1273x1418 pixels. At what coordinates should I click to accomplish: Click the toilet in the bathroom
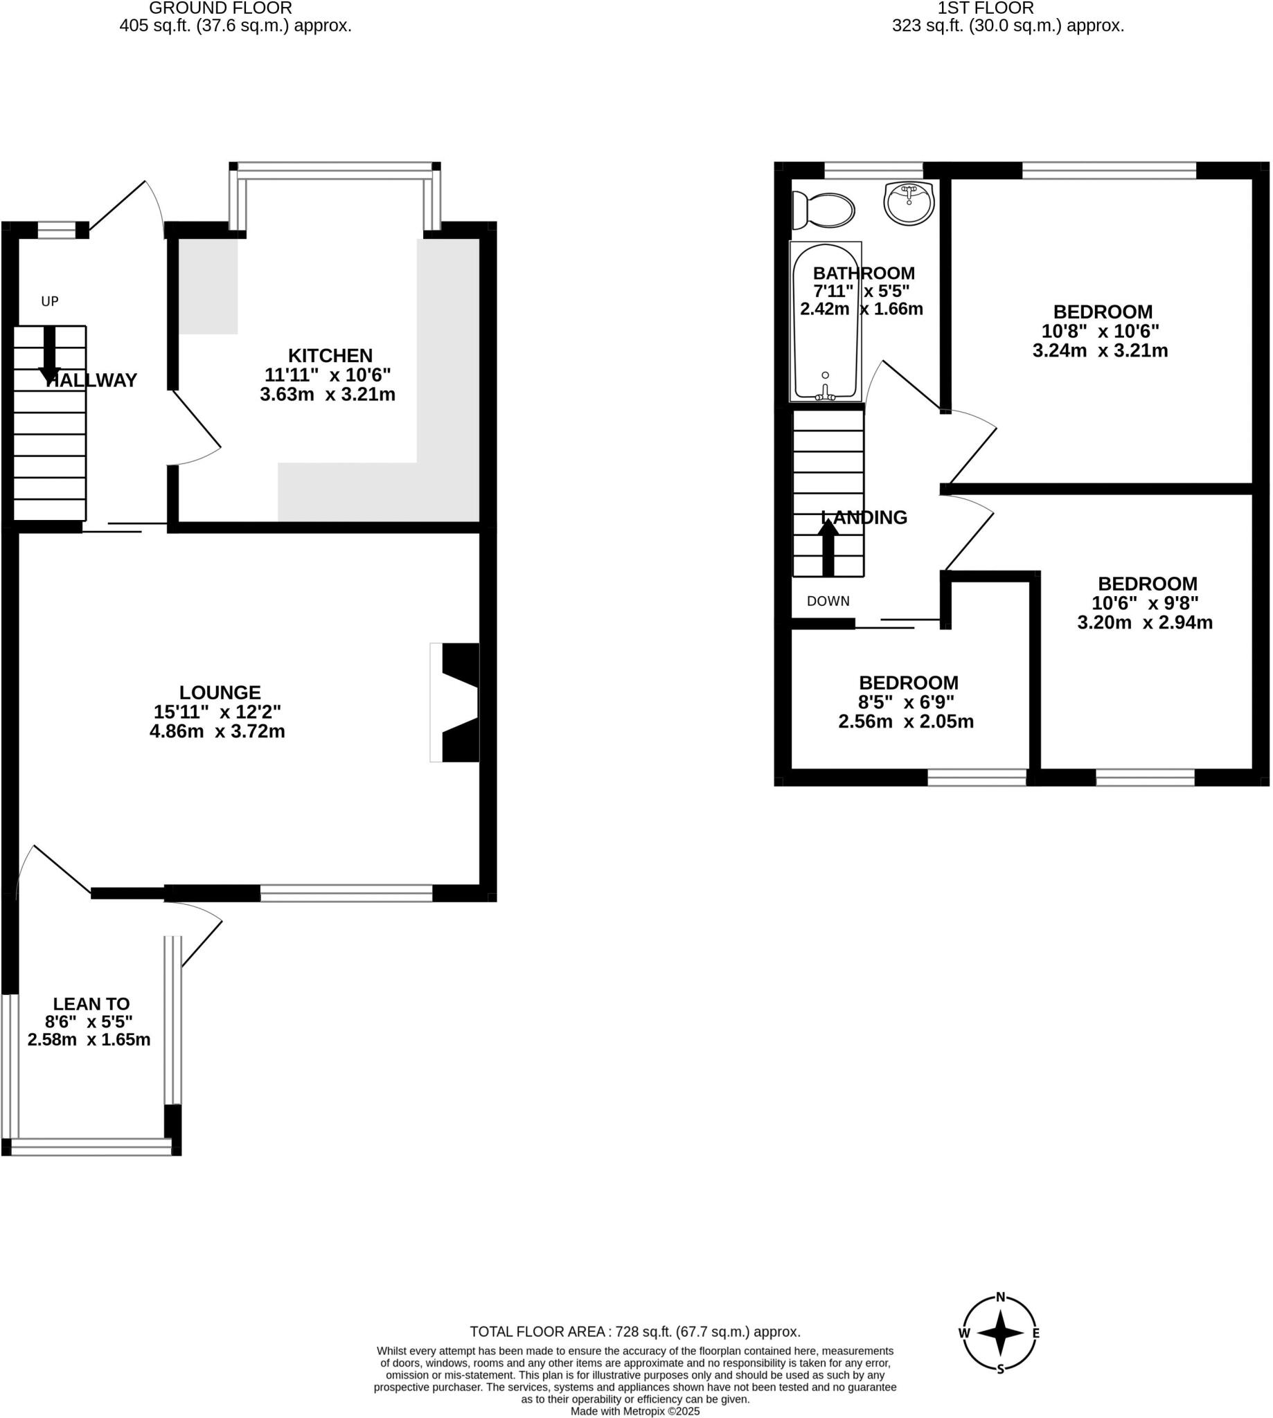point(826,210)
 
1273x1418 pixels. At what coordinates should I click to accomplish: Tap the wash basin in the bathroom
point(908,203)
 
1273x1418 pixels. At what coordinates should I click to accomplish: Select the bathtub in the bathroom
point(826,322)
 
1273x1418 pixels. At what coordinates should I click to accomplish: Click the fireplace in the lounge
point(456,702)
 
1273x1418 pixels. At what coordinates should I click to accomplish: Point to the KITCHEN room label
point(330,355)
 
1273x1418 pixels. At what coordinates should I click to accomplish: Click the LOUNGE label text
point(220,692)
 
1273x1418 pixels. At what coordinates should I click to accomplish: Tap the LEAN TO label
point(91,1003)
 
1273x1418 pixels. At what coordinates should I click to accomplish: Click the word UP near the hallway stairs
point(50,301)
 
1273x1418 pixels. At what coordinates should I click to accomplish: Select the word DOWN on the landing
point(828,601)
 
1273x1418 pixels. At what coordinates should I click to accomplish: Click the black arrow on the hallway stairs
point(49,353)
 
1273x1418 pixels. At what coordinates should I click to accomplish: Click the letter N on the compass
point(1000,1298)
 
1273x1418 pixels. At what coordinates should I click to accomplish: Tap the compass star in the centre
point(1000,1334)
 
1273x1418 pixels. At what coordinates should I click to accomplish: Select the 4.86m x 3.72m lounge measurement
point(217,731)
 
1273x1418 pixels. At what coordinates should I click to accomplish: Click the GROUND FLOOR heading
point(220,8)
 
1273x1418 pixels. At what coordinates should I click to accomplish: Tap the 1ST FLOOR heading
point(986,8)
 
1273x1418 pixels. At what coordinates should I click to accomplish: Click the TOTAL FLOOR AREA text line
point(635,1332)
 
